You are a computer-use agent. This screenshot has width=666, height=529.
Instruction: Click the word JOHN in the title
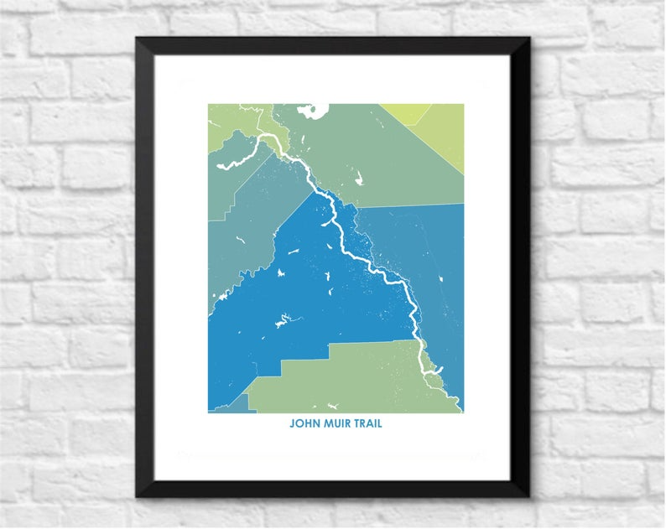(304, 423)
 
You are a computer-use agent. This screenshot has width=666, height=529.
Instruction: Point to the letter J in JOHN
(292, 423)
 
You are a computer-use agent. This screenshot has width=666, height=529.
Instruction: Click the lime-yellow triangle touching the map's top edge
(404, 112)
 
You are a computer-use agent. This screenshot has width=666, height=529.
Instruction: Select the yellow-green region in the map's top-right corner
(445, 134)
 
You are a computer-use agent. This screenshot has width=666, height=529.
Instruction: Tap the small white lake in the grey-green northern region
(359, 178)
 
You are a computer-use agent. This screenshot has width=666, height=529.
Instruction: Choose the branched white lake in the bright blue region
(283, 319)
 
